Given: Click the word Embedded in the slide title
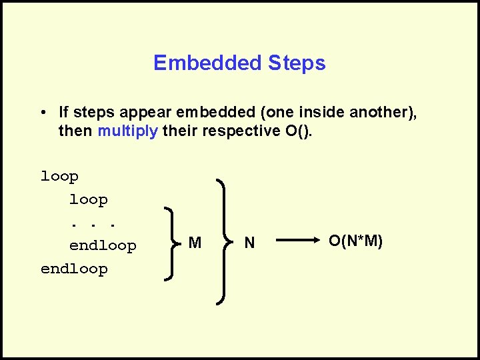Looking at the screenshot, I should (208, 63).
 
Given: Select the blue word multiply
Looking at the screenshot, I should (128, 131).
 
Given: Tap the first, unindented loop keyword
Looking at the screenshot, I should (59, 177).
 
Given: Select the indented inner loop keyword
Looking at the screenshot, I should (88, 199).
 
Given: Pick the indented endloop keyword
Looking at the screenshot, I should (103, 246).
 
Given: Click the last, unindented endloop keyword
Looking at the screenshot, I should (74, 269).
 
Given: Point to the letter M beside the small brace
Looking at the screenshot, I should (195, 243).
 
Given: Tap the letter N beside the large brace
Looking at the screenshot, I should (249, 243).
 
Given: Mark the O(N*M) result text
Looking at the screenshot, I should (356, 241).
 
